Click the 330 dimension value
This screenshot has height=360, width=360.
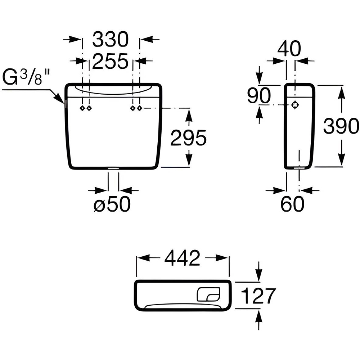tap(110, 40)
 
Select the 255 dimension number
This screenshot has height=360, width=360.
tap(110, 61)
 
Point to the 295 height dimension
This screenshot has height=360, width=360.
tap(188, 138)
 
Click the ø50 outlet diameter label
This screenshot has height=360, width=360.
tap(112, 204)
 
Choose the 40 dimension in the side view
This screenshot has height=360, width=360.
tap(289, 49)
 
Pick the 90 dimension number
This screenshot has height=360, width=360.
tap(259, 95)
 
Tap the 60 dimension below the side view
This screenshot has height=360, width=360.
tap(292, 204)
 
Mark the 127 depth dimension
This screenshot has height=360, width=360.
tap(258, 296)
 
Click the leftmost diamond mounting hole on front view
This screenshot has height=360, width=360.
tap(82, 108)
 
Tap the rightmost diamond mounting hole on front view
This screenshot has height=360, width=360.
tap(139, 108)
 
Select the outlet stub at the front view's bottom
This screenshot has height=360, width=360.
tap(113, 168)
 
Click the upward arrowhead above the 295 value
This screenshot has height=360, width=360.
tap(189, 114)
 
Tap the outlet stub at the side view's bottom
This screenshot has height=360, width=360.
tap(299, 168)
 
